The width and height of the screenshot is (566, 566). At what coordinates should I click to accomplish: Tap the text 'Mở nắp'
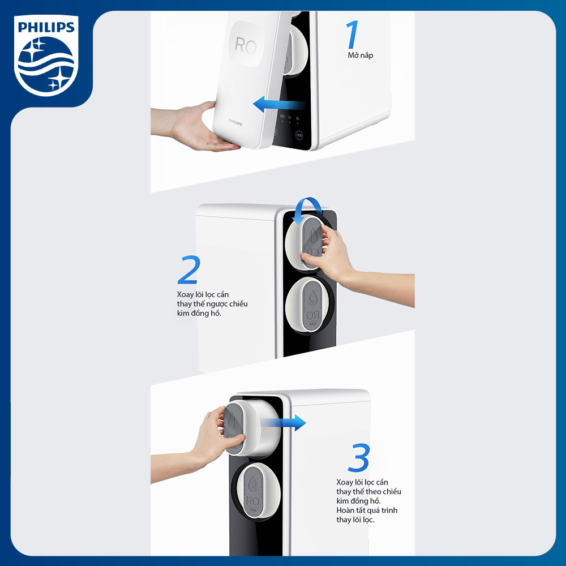(360, 55)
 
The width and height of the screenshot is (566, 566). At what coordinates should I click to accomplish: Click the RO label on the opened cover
(245, 46)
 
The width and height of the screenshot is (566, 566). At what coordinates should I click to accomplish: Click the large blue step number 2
(188, 270)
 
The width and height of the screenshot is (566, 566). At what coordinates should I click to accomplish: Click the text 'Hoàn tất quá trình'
(367, 510)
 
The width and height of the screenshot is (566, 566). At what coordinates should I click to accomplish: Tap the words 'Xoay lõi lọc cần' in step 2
(203, 294)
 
